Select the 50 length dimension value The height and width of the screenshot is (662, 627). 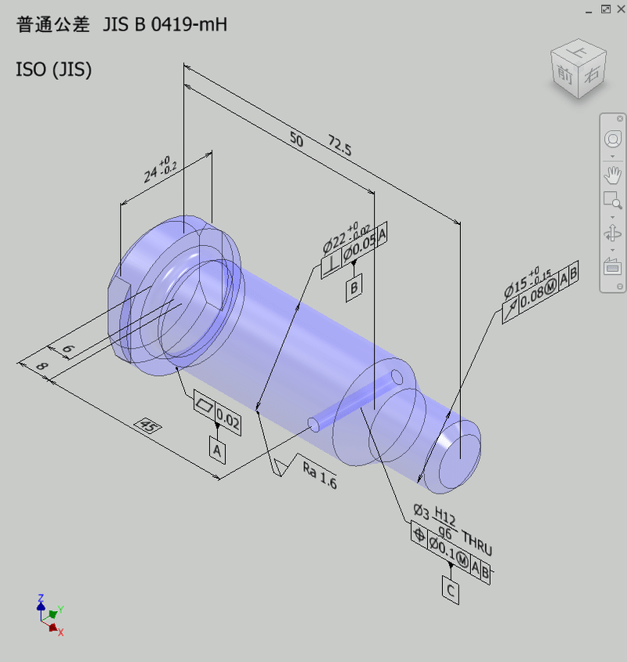[x=296, y=139]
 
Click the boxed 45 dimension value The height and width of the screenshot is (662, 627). [x=147, y=426]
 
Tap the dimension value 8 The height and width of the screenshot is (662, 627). [x=41, y=366]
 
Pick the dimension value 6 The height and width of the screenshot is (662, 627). [x=68, y=350]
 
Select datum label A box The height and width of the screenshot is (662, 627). [x=217, y=450]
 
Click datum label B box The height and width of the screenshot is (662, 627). [x=355, y=288]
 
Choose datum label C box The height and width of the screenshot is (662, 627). [x=451, y=590]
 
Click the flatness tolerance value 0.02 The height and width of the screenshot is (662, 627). [x=228, y=420]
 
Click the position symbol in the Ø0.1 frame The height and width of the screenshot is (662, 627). [x=419, y=536]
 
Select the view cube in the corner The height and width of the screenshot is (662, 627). [x=578, y=68]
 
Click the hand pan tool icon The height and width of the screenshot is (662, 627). [x=612, y=175]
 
